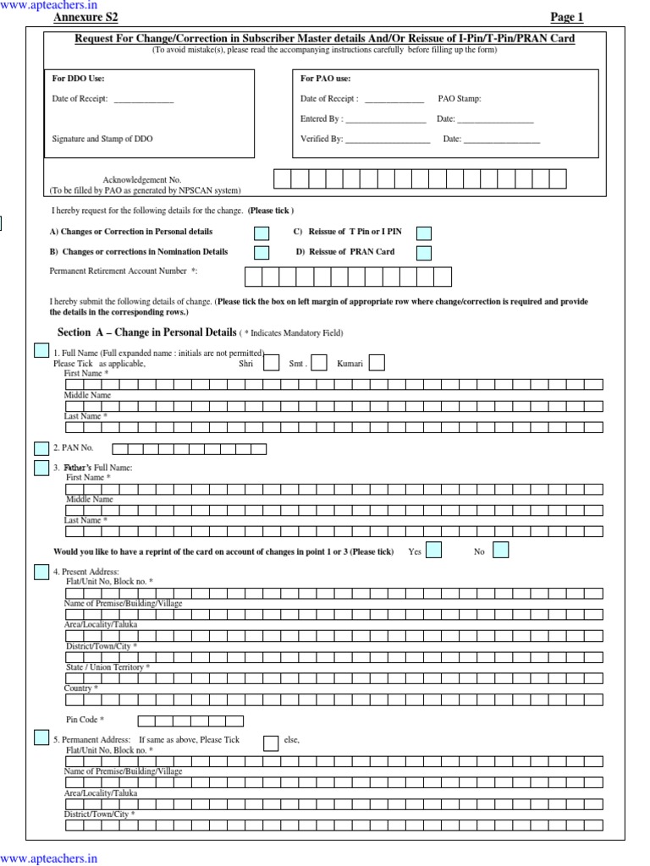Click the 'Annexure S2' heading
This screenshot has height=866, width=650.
86,17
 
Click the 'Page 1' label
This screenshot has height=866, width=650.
567,17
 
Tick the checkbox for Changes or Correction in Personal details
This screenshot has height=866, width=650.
262,233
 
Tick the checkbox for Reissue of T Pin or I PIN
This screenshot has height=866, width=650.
424,233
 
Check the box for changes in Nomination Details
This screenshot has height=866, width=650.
262,253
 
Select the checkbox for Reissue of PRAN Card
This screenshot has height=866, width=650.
424,253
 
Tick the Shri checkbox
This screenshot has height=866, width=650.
271,363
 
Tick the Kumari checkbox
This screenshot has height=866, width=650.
377,363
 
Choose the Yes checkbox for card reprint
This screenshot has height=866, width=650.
433,551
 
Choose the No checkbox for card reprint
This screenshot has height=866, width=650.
500,551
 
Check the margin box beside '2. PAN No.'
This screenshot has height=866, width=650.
41,448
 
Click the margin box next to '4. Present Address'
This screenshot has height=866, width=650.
41,573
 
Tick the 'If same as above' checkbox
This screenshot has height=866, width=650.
271,743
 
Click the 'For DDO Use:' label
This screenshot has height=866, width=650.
79,79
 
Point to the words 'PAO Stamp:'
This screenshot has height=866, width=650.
460,99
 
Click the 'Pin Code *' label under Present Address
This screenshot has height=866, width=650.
85,720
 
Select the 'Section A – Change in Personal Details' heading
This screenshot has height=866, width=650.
147,332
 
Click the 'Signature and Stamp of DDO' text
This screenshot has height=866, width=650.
102,139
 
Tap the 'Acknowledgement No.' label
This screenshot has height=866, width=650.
142,180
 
